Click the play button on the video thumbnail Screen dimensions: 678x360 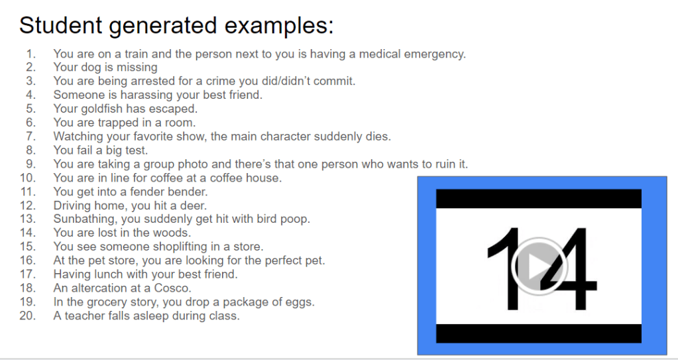point(539,266)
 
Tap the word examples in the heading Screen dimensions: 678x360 point(279,26)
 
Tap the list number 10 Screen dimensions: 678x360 point(28,178)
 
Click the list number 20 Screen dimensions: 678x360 point(28,316)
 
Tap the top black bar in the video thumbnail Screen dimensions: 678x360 point(538,199)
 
